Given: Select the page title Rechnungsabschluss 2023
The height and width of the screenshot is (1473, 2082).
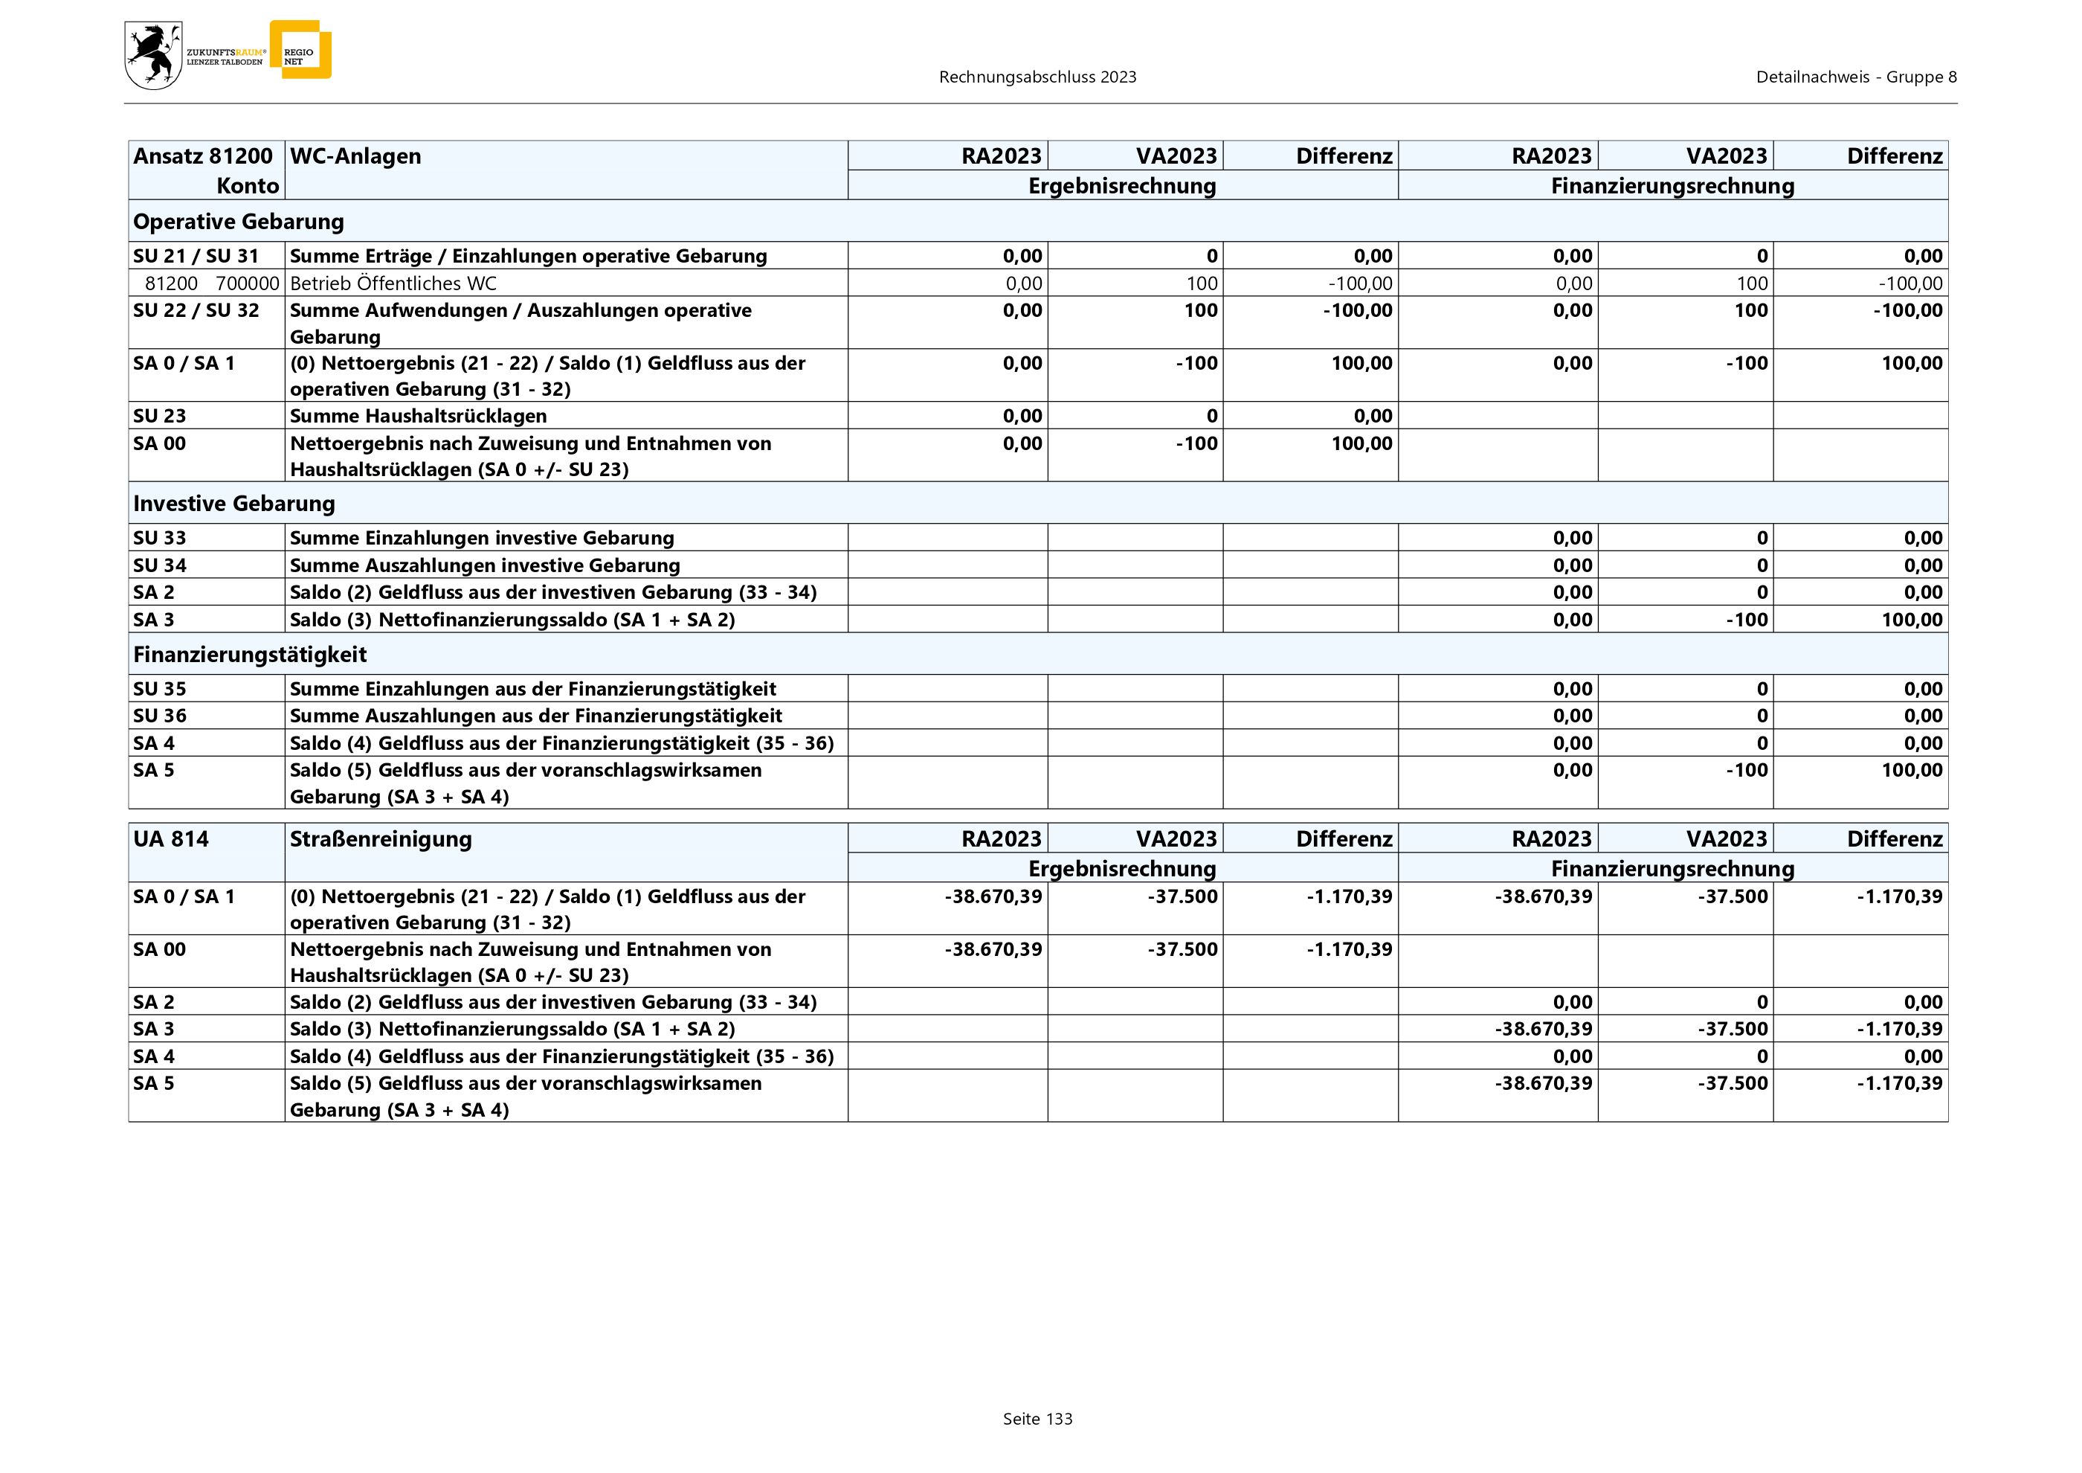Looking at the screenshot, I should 1037,77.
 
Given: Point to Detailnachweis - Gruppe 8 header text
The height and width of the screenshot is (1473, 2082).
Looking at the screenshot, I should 1855,77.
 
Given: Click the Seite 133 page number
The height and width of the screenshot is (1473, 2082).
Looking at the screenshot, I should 1037,1419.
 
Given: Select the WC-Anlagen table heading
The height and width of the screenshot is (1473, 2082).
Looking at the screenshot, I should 355,156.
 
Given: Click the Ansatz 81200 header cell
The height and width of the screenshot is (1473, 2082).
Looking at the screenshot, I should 202,156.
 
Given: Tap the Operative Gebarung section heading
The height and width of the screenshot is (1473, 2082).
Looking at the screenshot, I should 239,221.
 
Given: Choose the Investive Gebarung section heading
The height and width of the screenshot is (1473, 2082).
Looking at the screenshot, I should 234,504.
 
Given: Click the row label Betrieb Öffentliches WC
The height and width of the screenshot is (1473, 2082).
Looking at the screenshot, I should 393,283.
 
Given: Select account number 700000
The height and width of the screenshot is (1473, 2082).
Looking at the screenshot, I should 247,283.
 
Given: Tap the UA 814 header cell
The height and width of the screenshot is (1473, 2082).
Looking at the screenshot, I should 170,839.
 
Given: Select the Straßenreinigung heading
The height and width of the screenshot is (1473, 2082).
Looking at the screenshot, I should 381,839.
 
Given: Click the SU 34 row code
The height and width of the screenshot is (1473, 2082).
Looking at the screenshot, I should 160,565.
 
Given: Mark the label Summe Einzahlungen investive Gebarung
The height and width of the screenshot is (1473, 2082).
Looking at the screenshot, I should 482,538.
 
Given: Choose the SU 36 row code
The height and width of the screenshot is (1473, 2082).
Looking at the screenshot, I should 160,716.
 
